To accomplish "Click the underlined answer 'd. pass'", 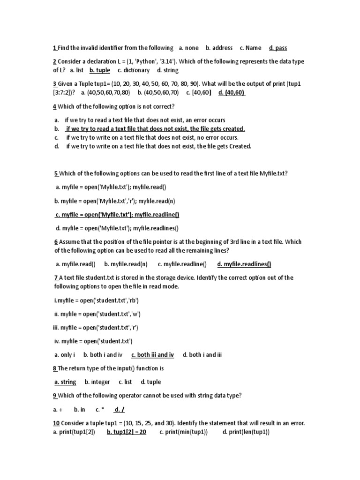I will click(x=278, y=48).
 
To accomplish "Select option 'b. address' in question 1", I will click(x=219, y=48).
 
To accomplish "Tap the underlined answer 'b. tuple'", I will click(x=99, y=70).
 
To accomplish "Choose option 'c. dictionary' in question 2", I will click(x=134, y=70).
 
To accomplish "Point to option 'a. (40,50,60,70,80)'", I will click(x=105, y=92).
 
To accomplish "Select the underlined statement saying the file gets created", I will click(x=154, y=128).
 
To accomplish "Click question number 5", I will click(x=56, y=173).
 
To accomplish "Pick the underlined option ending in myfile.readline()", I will click(x=117, y=215).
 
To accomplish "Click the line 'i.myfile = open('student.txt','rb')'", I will click(x=97, y=300).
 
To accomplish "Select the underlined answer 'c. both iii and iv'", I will click(x=152, y=355).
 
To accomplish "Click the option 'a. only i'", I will click(x=65, y=355).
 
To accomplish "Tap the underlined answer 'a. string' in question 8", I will click(x=65, y=382).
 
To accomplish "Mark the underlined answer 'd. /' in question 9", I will click(x=119, y=409).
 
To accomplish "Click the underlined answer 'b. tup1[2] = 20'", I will click(x=127, y=432).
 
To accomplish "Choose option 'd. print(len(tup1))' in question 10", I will click(x=246, y=432).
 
